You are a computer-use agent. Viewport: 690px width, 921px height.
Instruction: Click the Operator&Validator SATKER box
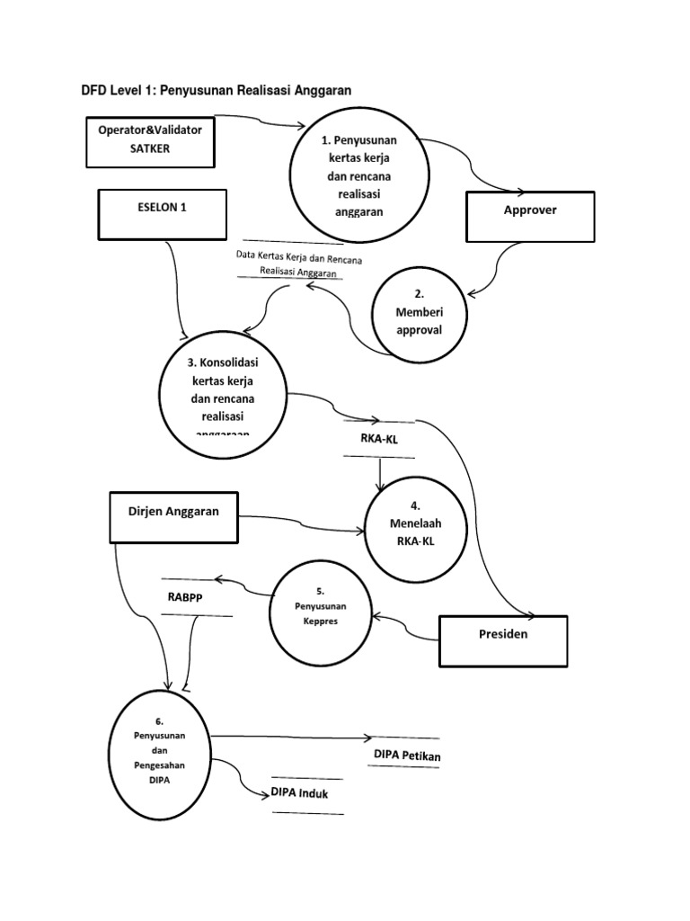[x=150, y=139]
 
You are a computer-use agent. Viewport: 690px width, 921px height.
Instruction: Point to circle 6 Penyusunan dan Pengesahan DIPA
[x=158, y=752]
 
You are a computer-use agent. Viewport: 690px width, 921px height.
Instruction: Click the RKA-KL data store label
[x=378, y=440]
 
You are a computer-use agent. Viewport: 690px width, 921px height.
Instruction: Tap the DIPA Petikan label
[x=404, y=756]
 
